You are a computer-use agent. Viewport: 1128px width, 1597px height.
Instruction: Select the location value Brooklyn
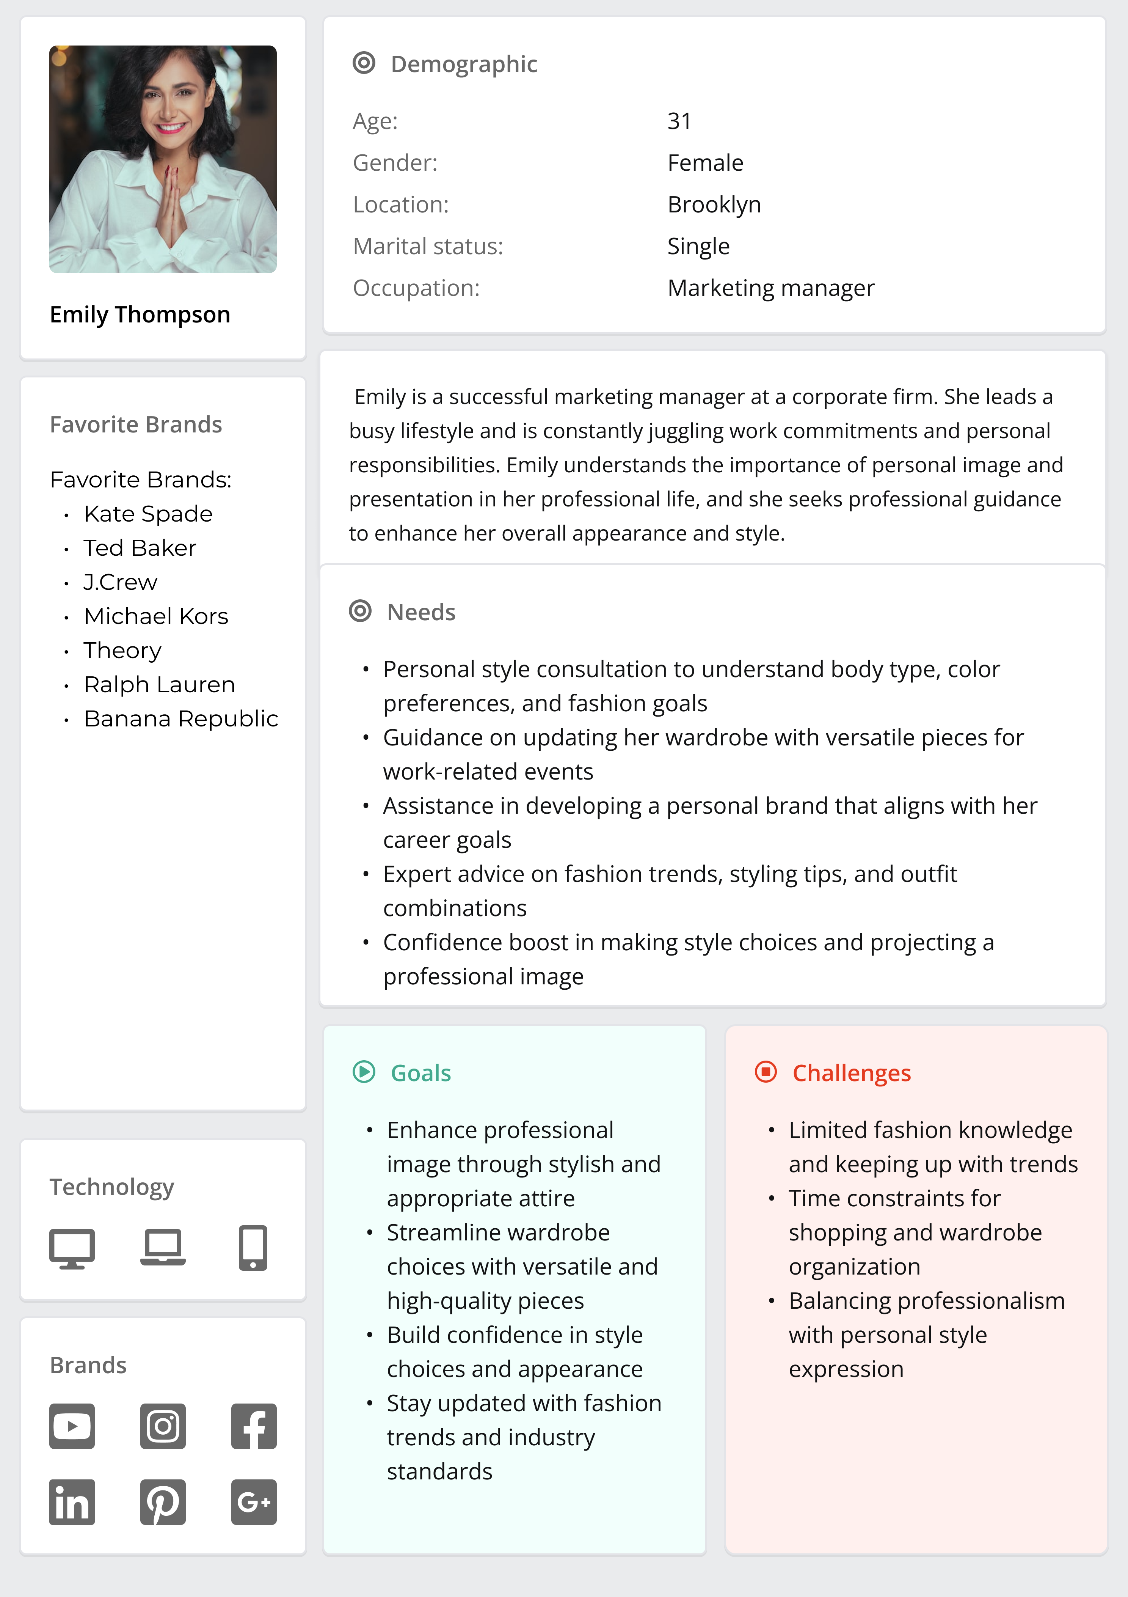714,204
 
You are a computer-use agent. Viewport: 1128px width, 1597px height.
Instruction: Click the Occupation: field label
416,288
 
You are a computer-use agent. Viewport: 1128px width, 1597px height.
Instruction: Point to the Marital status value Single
698,246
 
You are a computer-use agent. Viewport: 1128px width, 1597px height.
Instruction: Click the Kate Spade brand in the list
148,514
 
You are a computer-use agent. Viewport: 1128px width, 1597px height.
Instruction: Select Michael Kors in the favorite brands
156,616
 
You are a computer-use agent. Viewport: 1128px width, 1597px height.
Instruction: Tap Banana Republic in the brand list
181,718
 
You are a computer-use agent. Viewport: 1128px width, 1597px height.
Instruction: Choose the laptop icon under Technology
163,1246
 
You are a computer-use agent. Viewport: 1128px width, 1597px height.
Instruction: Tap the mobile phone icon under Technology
253,1247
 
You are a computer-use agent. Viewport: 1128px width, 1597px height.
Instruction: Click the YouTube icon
72,1426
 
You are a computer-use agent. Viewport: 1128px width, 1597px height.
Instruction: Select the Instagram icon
163,1426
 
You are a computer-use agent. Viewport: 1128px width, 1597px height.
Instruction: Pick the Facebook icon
254,1426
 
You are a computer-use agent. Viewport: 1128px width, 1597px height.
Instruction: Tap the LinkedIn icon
72,1502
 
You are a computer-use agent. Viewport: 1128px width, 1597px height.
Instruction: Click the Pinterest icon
163,1502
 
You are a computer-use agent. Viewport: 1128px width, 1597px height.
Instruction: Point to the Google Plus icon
254,1502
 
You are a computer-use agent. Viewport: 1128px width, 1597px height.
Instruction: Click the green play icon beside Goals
364,1072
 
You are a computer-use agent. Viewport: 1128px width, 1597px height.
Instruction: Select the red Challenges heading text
851,1073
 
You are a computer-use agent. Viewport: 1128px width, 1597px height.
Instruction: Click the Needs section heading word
421,612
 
